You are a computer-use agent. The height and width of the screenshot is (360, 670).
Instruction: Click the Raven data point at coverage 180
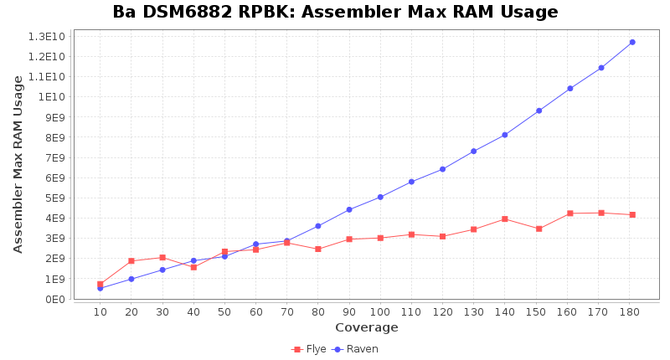(632, 42)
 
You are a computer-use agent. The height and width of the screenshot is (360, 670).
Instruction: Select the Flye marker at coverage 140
(505, 219)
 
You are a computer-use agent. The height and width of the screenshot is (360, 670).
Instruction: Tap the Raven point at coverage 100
(380, 197)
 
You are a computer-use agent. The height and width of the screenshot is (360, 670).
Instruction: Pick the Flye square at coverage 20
(131, 261)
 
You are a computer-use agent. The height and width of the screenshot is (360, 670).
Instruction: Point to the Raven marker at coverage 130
(474, 151)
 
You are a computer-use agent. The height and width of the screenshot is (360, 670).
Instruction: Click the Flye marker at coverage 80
(318, 249)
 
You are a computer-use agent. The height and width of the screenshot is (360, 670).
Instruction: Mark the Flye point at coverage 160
(569, 213)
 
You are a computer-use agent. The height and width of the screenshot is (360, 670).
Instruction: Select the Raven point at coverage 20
(131, 279)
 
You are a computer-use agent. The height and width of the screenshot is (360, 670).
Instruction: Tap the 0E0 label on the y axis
(54, 299)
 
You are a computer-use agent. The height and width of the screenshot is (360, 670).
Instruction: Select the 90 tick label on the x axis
(349, 312)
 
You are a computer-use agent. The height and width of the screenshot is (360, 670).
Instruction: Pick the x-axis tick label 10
(100, 312)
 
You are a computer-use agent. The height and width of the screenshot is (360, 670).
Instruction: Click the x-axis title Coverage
(366, 327)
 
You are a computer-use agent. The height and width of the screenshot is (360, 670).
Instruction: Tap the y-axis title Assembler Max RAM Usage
(18, 164)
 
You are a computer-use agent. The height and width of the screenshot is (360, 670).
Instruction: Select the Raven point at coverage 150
(539, 111)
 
